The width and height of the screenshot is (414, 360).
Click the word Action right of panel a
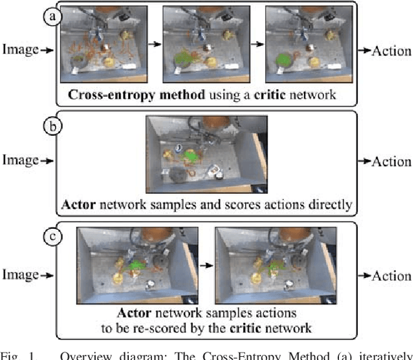tap(391, 50)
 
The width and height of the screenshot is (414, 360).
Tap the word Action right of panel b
tap(391, 161)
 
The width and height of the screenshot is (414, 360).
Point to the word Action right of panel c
tap(391, 275)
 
